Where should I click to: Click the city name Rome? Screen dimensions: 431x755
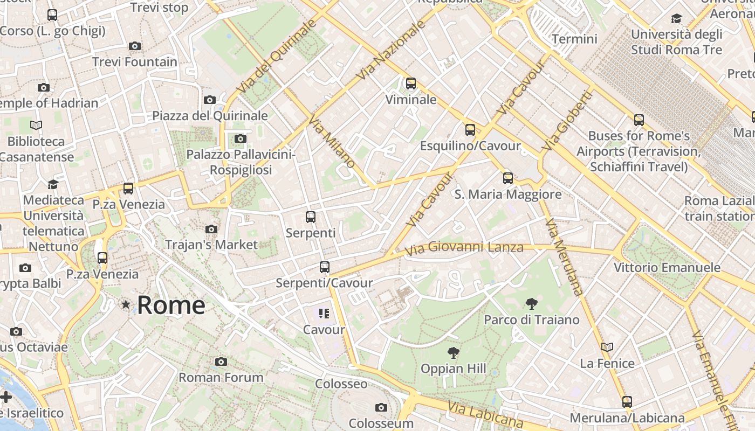(x=171, y=305)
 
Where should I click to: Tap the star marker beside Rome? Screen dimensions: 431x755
(x=126, y=305)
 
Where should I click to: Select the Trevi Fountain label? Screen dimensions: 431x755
(x=135, y=62)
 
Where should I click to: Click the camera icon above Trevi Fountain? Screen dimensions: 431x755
(x=135, y=46)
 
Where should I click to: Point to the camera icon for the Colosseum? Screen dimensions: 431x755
(x=381, y=407)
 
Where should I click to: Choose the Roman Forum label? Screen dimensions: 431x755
(x=221, y=377)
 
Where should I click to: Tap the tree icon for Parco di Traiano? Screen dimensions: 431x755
(x=532, y=304)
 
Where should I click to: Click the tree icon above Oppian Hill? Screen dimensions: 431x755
(x=454, y=353)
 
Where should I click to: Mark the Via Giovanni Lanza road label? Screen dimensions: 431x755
(x=464, y=248)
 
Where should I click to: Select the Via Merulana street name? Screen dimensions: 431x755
(x=564, y=256)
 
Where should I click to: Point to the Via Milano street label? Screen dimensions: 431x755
(x=332, y=141)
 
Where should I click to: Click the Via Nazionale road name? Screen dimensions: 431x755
(x=388, y=51)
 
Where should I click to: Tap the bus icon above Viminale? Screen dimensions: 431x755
(x=411, y=84)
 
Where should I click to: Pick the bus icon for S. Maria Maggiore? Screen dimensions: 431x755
(x=507, y=178)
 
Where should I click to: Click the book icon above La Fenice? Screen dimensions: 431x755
(x=607, y=347)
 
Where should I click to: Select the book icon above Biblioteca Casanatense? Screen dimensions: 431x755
(x=36, y=126)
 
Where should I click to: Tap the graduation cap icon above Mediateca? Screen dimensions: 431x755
(x=53, y=184)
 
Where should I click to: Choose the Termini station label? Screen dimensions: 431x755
(x=574, y=39)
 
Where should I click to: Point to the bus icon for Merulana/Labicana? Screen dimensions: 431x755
(x=627, y=401)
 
